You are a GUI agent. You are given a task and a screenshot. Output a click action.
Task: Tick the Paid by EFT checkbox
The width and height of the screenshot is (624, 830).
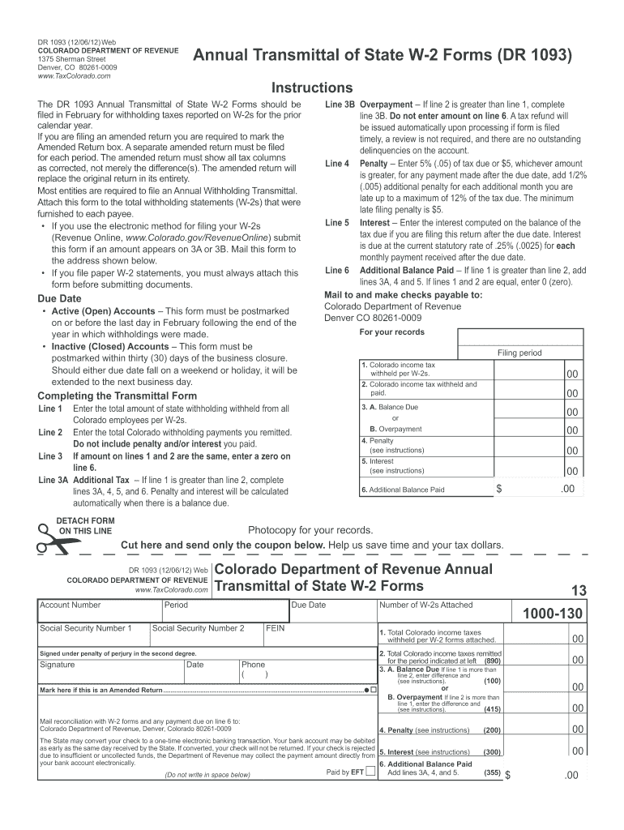(x=370, y=771)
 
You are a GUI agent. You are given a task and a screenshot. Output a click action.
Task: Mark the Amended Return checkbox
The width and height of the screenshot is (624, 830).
(x=373, y=690)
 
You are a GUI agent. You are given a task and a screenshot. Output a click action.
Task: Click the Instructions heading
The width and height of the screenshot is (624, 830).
(x=312, y=88)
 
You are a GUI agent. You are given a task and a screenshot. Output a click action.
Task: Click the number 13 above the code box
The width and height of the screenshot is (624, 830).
(x=578, y=590)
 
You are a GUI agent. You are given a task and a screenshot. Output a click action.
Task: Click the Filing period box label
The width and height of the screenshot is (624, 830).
(x=519, y=353)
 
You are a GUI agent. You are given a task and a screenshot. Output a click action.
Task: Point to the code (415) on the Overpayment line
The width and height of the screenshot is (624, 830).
(x=492, y=709)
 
